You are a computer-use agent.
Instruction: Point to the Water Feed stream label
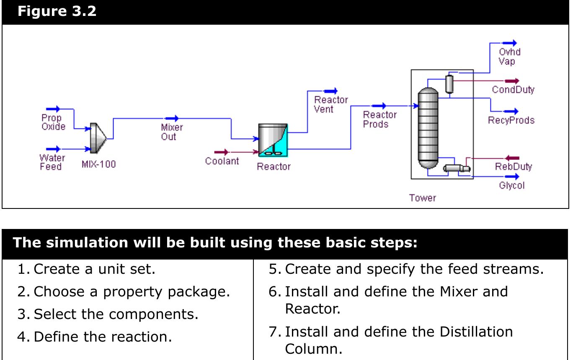(x=52, y=162)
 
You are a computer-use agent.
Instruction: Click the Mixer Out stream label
(x=172, y=132)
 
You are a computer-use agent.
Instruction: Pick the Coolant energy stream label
(x=222, y=161)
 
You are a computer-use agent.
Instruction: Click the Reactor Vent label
(x=331, y=104)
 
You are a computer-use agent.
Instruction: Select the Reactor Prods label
(x=379, y=119)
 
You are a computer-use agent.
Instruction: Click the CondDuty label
(x=513, y=90)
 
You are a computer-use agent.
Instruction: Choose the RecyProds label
(x=511, y=121)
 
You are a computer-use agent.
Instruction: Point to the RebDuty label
(x=513, y=167)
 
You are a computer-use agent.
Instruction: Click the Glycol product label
(x=511, y=185)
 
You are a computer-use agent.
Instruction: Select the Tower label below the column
(x=422, y=198)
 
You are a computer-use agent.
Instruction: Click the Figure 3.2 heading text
(x=57, y=11)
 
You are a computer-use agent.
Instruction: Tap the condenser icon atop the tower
(x=449, y=84)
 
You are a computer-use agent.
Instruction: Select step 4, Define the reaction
(x=103, y=337)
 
